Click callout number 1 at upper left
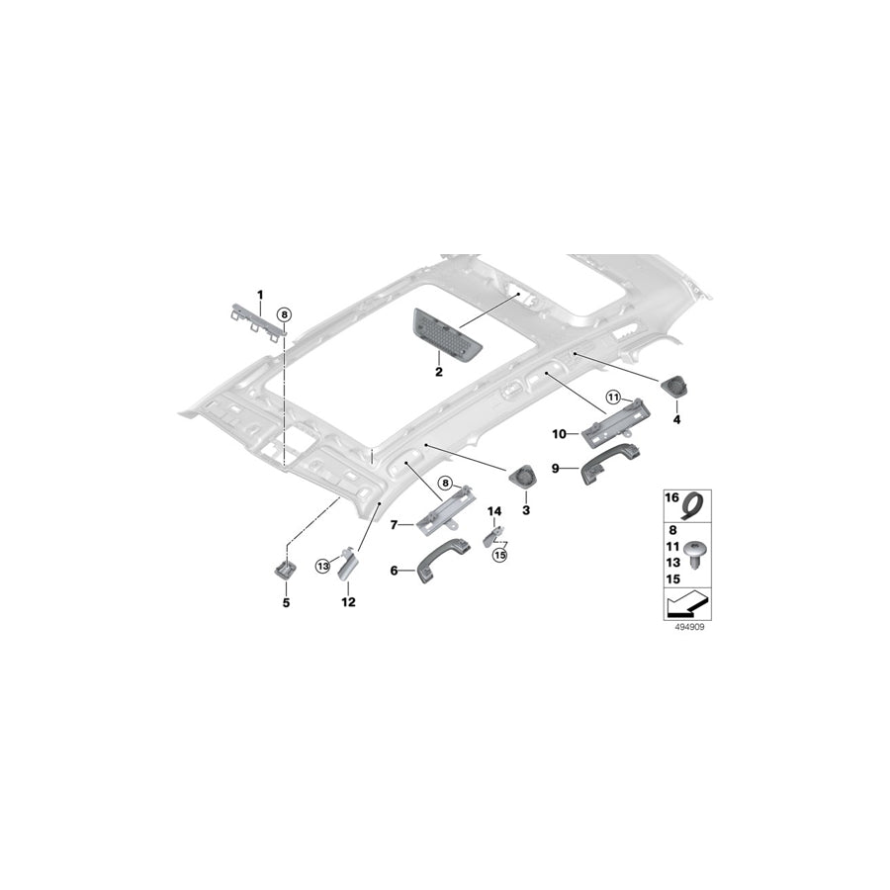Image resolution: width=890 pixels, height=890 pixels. tap(261, 295)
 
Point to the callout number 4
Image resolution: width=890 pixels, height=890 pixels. tap(676, 419)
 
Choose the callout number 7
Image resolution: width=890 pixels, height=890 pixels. tap(394, 523)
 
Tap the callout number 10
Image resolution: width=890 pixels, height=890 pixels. tap(558, 433)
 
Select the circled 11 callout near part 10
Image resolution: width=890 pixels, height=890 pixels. tap(612, 398)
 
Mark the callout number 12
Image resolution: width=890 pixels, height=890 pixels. tap(347, 600)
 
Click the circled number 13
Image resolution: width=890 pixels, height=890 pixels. tap(322, 566)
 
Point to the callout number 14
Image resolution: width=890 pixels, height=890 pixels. tap(494, 511)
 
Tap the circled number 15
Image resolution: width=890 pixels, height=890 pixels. tap(499, 556)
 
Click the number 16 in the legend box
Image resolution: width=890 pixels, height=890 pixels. tap(670, 498)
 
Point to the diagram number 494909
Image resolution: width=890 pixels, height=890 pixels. tap(684, 626)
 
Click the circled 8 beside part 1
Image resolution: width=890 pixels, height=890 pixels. tap(284, 313)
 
